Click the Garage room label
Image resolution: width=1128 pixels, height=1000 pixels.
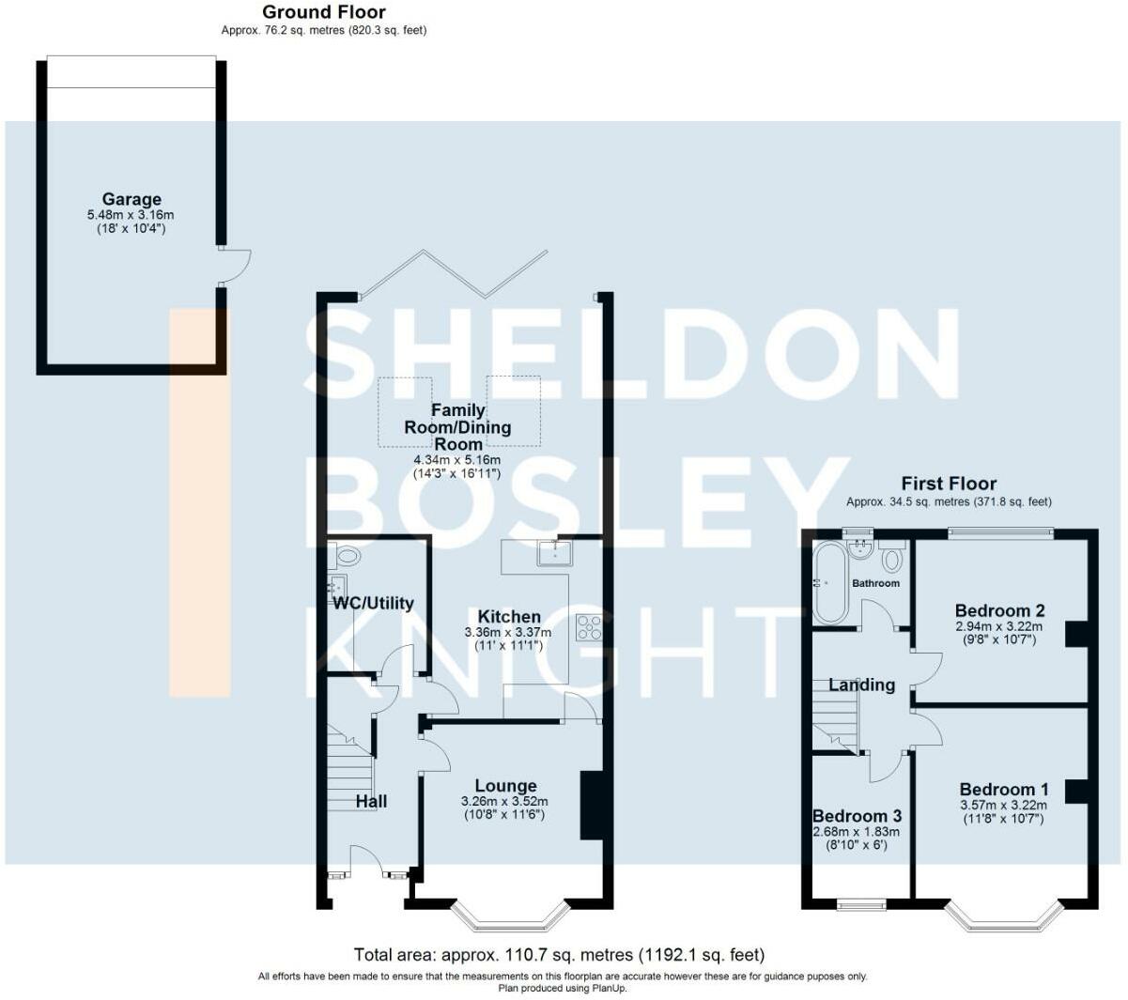(131, 199)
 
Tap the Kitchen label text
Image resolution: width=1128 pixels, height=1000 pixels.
(509, 617)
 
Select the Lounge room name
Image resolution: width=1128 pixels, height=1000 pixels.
(505, 786)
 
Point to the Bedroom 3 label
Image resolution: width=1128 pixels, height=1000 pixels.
(857, 816)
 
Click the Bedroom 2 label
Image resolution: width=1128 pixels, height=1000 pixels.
(1000, 610)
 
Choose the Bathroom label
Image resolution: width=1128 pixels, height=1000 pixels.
(875, 583)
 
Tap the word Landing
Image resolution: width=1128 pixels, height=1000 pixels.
(862, 685)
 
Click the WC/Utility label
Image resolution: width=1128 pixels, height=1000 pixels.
(373, 603)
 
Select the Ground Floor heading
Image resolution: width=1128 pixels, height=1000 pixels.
(324, 11)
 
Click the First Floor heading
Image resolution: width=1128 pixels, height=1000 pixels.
(949, 484)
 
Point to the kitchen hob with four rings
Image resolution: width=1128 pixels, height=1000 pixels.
(589, 627)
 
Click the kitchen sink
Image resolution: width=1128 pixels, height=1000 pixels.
(554, 552)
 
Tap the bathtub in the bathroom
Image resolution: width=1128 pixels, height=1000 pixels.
(829, 582)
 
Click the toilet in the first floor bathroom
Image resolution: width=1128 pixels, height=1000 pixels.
(892, 558)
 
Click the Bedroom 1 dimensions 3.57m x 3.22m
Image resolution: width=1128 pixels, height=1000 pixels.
(1003, 805)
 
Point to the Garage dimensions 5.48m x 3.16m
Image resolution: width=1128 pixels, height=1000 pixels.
(131, 215)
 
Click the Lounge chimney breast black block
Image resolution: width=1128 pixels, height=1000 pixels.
(592, 805)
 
